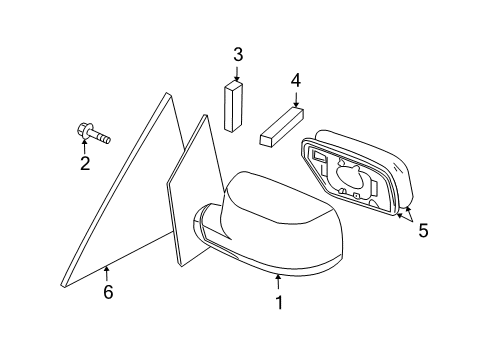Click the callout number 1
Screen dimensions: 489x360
tap(280, 300)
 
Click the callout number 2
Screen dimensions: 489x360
tap(85, 162)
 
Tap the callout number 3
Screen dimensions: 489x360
tap(237, 54)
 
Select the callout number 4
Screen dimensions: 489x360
tap(295, 80)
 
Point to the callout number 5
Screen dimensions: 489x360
tap(423, 230)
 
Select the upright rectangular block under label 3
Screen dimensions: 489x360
tap(236, 106)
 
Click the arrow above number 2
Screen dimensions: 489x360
tap(85, 146)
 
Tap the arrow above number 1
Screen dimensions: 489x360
tap(280, 281)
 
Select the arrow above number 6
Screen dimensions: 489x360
tap(106, 272)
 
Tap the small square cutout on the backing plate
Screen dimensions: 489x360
tap(318, 157)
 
